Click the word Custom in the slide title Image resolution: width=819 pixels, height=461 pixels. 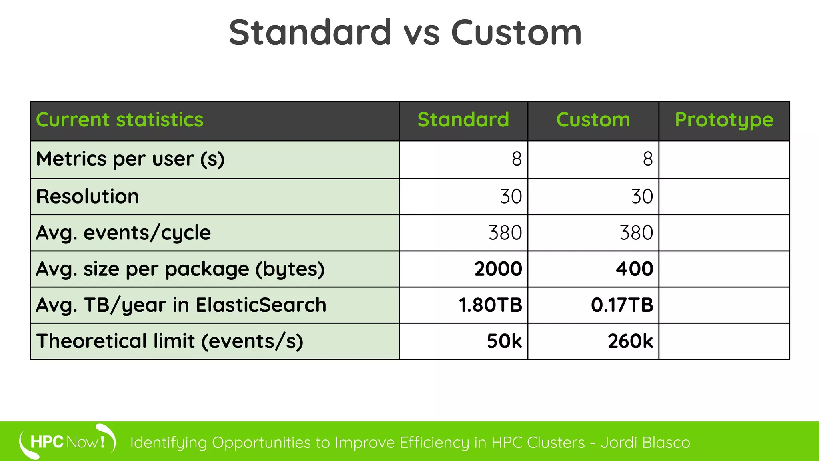click(516, 33)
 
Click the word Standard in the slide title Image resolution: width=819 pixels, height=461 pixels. click(310, 33)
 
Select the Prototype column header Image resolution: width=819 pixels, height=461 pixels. click(724, 120)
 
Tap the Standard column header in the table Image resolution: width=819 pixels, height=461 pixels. click(463, 120)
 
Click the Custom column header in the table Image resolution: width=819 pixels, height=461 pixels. click(593, 120)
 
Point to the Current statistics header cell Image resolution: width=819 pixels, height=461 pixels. click(120, 120)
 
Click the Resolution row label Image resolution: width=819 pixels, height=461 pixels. click(88, 197)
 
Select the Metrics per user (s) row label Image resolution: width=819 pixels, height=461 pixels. click(130, 159)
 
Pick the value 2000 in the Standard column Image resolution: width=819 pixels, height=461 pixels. click(498, 269)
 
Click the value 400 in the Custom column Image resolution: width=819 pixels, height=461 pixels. click(634, 269)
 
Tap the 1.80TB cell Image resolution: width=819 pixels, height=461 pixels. click(490, 305)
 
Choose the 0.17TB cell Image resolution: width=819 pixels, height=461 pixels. click(622, 305)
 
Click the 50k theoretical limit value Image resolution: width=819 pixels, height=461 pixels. click(504, 341)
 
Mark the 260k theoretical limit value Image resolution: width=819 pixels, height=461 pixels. click(630, 341)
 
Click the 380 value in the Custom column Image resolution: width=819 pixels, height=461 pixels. click(636, 233)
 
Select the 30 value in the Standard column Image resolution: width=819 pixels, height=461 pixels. click(511, 197)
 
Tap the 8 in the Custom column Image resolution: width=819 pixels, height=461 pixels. click(648, 159)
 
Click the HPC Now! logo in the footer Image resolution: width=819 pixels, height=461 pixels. click(67, 442)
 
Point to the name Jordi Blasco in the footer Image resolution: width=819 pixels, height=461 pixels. click(645, 443)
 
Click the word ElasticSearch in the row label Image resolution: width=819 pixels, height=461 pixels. click(261, 305)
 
